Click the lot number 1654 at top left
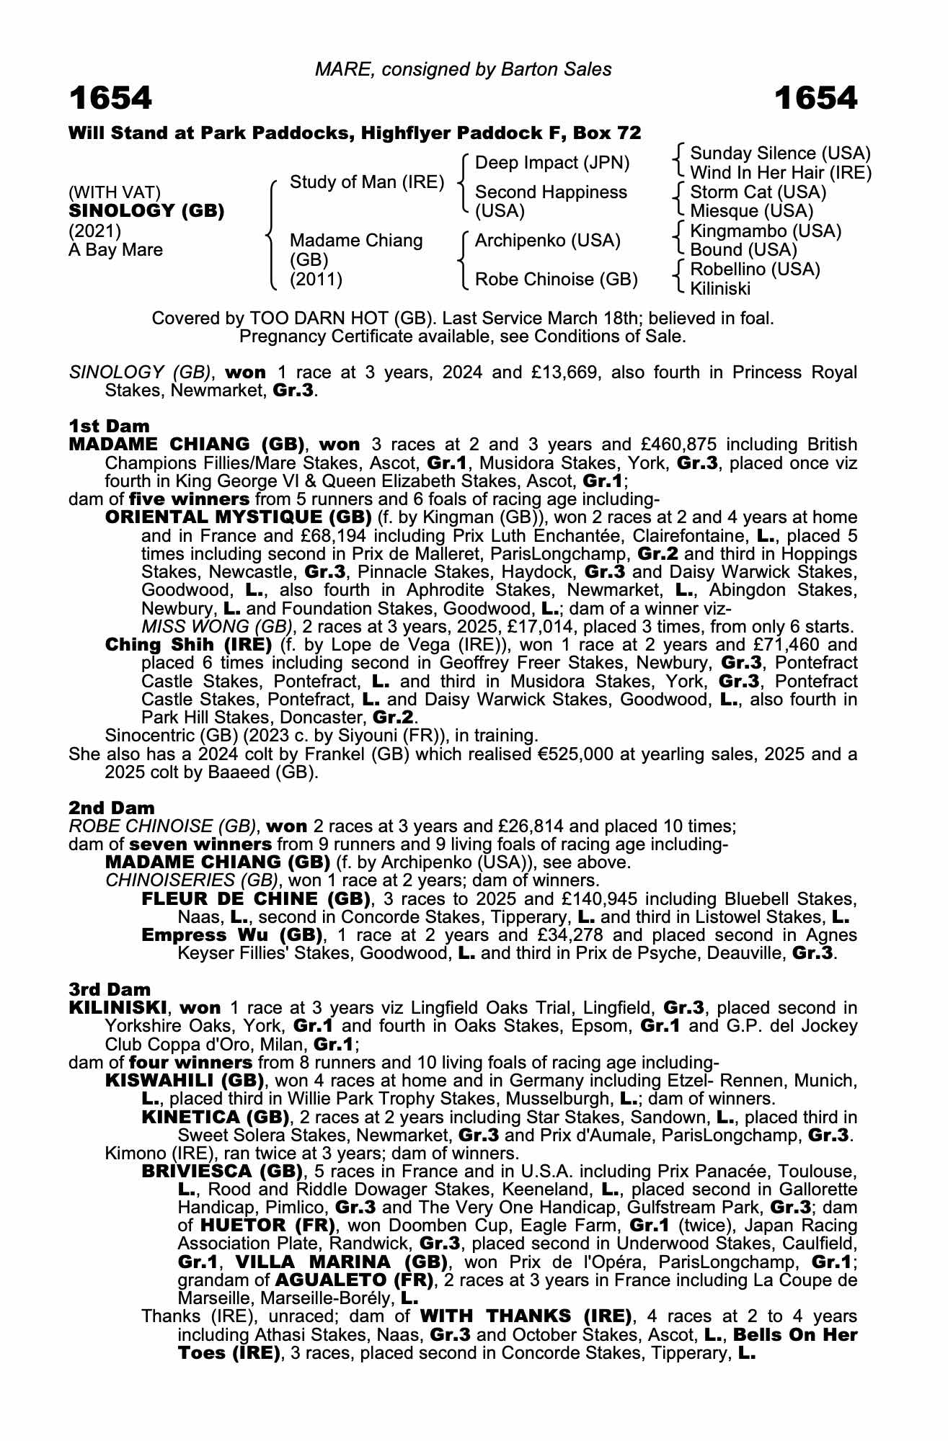click(110, 98)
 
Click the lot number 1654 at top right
click(815, 98)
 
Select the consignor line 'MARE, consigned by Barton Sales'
click(463, 69)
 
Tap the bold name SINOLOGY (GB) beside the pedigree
click(146, 211)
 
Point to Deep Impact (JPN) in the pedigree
click(552, 163)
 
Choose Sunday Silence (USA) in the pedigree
click(780, 153)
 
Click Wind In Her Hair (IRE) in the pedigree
click(781, 173)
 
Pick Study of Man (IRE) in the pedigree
click(366, 182)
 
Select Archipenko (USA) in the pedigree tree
click(548, 241)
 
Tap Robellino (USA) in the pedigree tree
click(755, 269)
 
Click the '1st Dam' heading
click(109, 426)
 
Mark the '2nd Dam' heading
click(111, 808)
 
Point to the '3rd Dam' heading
click(110, 989)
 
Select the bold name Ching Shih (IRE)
click(188, 644)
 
